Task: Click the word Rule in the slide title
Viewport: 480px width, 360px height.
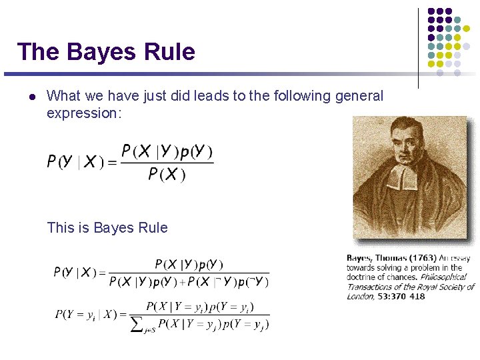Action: [x=173, y=51]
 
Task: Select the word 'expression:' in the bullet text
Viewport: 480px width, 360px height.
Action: [x=84, y=113]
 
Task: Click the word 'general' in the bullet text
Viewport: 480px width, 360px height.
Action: [x=359, y=96]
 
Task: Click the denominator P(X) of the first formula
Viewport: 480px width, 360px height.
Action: [x=167, y=175]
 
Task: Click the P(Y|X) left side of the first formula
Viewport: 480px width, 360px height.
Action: [x=75, y=162]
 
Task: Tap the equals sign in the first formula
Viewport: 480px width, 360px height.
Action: [x=112, y=163]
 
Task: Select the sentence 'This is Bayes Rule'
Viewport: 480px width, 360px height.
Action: [x=107, y=228]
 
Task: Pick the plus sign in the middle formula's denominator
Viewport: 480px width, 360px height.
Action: [x=181, y=282]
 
